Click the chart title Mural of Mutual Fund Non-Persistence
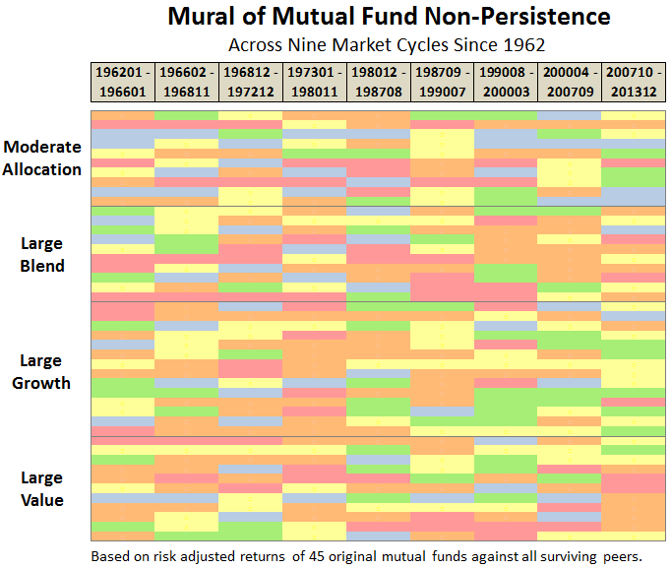[389, 17]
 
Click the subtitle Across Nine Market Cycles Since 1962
[387, 44]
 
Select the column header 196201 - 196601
[123, 81]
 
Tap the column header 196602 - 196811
[187, 81]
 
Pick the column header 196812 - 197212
[250, 81]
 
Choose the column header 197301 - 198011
[314, 81]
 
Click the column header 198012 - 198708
[378, 81]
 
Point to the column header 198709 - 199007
[442, 81]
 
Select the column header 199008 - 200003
[506, 81]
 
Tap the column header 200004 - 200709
[569, 81]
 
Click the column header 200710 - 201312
[633, 81]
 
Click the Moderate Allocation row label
[42, 158]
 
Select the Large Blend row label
[42, 254]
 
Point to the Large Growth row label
[42, 371]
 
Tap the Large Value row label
[42, 488]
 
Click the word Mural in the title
[199, 17]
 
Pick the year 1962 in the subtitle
[524, 44]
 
